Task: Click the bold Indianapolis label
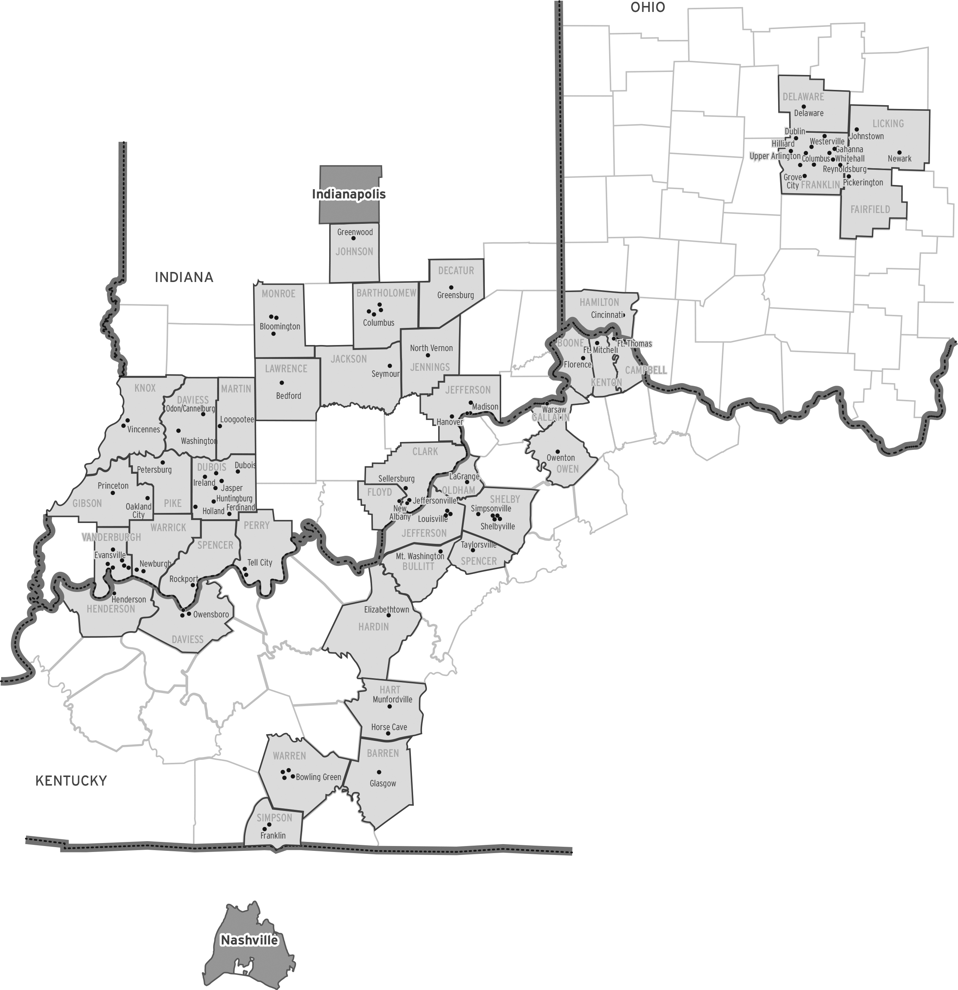pyautogui.click(x=349, y=194)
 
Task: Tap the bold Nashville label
pyautogui.click(x=249, y=940)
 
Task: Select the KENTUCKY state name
pyautogui.click(x=71, y=781)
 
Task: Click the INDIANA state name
pyautogui.click(x=184, y=277)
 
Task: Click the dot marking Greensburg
pyautogui.click(x=451, y=287)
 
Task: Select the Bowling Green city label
pyautogui.click(x=318, y=777)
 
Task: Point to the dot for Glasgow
pyautogui.click(x=379, y=772)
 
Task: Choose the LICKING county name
pyautogui.click(x=888, y=123)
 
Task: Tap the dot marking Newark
pyautogui.click(x=899, y=153)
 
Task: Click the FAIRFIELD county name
pyautogui.click(x=870, y=209)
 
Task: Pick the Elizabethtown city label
pyautogui.click(x=387, y=610)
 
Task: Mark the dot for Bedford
pyautogui.click(x=281, y=383)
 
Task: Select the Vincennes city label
pyautogui.click(x=144, y=429)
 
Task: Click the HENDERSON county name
pyautogui.click(x=111, y=609)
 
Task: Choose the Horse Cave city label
pyautogui.click(x=389, y=727)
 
